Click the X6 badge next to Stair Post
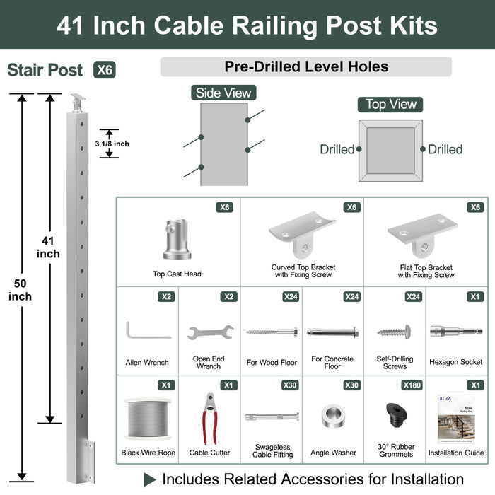click(x=104, y=70)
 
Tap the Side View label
click(x=223, y=93)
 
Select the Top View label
click(x=391, y=104)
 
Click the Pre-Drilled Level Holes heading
click(x=305, y=67)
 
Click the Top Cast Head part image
click(x=177, y=240)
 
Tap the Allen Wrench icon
click(x=147, y=331)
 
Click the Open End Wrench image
click(x=209, y=331)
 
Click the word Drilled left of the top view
click(x=337, y=149)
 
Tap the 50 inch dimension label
click(x=20, y=290)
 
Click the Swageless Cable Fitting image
click(x=272, y=417)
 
